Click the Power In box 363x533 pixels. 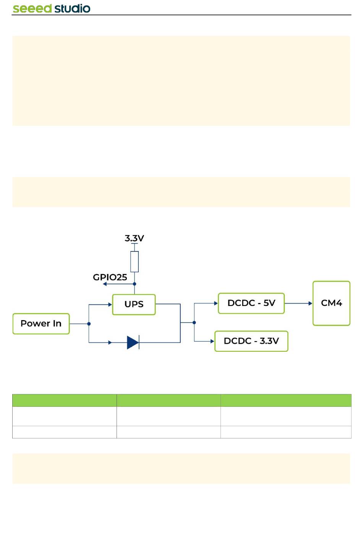pos(41,324)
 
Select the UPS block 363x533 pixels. pos(134,304)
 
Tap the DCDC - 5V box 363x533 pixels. pos(251,303)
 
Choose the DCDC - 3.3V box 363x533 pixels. pos(251,341)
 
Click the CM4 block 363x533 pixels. pos(331,303)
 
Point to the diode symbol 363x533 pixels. pos(133,342)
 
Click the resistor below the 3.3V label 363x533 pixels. pos(135,261)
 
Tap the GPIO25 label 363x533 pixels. pos(110,277)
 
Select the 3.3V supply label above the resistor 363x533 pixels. pos(135,238)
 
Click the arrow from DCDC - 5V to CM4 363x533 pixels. pos(298,303)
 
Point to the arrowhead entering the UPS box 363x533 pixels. pos(110,304)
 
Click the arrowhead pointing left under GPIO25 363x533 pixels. pos(105,284)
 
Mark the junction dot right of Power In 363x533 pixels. pos(89,324)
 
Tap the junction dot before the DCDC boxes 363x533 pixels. pos(194,322)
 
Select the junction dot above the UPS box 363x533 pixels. pos(135,284)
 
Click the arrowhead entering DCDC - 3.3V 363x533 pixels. pos(212,341)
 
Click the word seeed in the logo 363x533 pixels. pos(32,9)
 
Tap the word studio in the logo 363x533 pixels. pos(72,8)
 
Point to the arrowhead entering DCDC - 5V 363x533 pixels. pos(216,303)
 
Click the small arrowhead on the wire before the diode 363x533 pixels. pos(110,342)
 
